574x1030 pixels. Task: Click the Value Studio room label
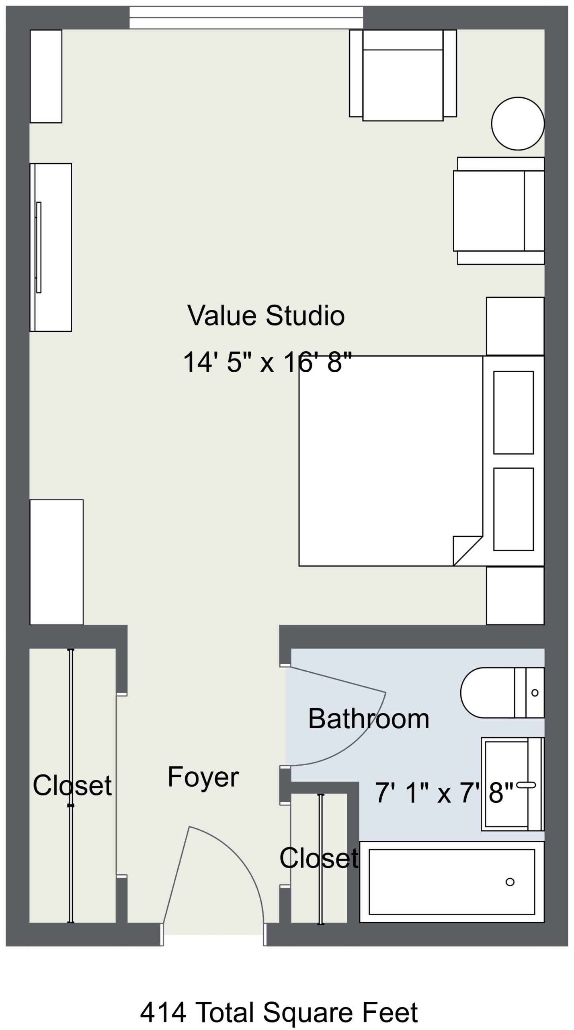coord(266,315)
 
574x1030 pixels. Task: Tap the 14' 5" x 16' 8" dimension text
coord(268,362)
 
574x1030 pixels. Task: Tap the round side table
coord(518,124)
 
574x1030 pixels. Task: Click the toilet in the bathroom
coord(502,692)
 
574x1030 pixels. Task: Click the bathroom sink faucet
coord(526,785)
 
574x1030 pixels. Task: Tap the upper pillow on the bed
coord(513,412)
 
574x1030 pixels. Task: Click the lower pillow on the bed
coord(513,509)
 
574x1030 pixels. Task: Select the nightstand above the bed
coord(515,326)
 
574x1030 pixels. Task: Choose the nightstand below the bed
coord(515,596)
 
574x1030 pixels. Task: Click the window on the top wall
coord(246,17)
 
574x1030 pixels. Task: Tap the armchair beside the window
coord(403,75)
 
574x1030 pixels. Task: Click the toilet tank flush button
coord(535,692)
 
